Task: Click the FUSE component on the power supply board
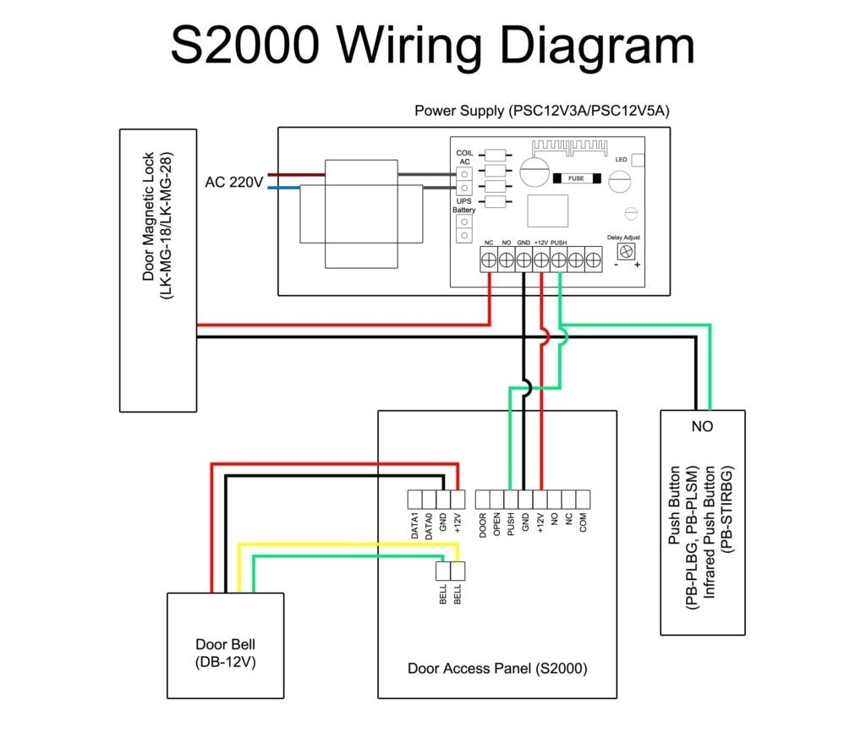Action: tap(576, 178)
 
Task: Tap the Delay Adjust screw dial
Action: tap(627, 252)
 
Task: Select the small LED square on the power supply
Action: tap(639, 159)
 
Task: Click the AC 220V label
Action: tap(234, 182)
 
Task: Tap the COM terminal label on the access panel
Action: tap(583, 526)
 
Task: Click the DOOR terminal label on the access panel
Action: tap(483, 526)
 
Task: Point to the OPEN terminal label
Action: tap(497, 526)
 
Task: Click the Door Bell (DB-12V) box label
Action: tap(225, 653)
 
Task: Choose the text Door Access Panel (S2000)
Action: tap(497, 669)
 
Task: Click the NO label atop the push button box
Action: tap(702, 427)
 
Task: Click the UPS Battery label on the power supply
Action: tap(463, 205)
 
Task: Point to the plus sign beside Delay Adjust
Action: tap(637, 265)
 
